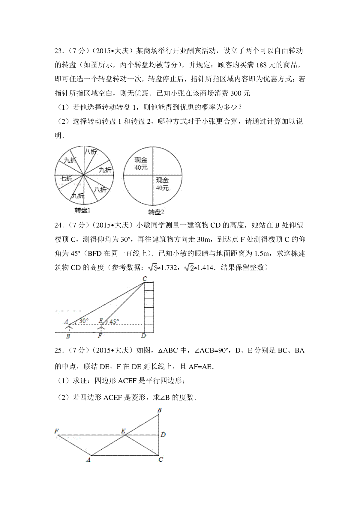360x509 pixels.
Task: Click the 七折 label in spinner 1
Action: coord(66,178)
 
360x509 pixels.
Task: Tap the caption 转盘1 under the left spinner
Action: coord(82,210)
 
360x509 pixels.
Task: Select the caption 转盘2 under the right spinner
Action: coord(156,212)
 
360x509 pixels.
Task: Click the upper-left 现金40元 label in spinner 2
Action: coord(141,164)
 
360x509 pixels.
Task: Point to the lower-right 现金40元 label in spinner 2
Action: coord(162,184)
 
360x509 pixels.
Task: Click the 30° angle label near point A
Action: coord(84,321)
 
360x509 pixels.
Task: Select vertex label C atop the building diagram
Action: coord(145,279)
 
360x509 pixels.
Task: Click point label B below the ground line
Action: coord(68,336)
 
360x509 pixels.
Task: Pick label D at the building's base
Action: coord(143,336)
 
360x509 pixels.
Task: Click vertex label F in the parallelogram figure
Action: coord(56,431)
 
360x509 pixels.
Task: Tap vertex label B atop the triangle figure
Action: coord(159,410)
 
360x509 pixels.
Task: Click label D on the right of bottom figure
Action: coord(163,435)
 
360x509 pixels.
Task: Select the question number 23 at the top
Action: coord(58,51)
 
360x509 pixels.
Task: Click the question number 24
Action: coord(58,225)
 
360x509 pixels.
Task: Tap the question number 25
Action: coord(58,350)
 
